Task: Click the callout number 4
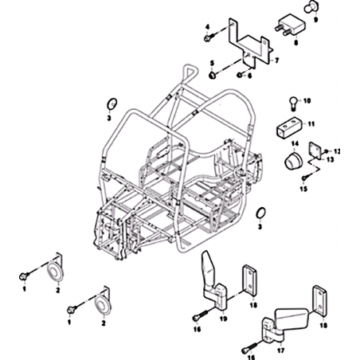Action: coord(208,27)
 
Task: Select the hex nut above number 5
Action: coord(213,75)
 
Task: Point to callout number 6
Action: coord(249,76)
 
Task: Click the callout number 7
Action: coord(277,61)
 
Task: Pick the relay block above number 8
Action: coord(290,26)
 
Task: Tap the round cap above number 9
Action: coord(310,7)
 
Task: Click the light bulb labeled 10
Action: coord(292,104)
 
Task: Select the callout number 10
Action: coord(307,101)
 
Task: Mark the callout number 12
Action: coord(337,151)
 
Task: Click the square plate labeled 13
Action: coord(315,151)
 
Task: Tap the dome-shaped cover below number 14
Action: coord(293,159)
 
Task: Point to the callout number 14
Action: coord(295,143)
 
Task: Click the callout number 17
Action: coord(280,350)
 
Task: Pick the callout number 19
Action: coord(224,319)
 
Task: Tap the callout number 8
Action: coord(295,42)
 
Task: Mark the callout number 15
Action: coord(303,189)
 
